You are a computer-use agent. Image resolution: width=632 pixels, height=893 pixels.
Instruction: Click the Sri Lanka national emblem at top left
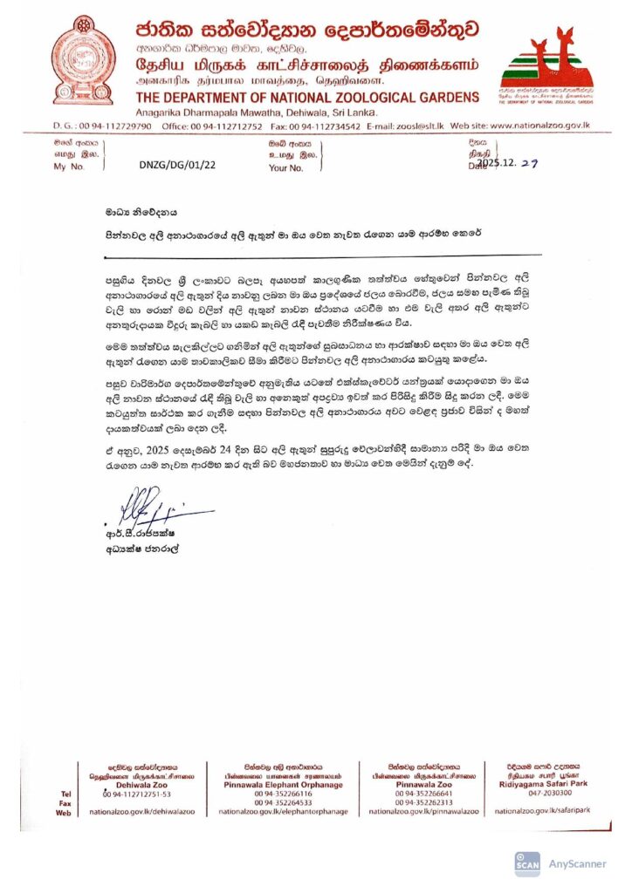pos(82,58)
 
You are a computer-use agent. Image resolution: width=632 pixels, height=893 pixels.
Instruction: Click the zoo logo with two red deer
pos(547,66)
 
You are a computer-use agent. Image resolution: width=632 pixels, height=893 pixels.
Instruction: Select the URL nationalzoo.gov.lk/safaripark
pos(542,811)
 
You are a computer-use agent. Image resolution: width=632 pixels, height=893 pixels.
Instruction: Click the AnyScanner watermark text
pos(577,863)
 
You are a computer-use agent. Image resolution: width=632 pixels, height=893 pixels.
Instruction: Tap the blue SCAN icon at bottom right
pos(528,863)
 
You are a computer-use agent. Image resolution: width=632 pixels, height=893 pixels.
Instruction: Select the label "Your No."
pos(286,166)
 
